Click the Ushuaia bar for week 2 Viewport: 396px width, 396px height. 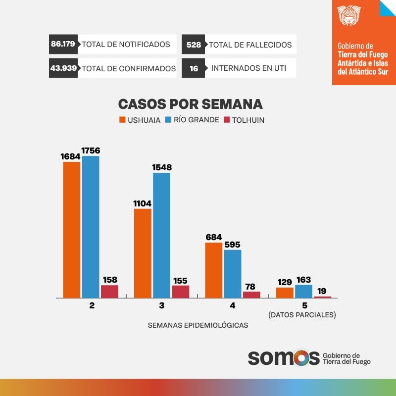point(72,230)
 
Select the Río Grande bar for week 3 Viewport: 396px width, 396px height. point(162,235)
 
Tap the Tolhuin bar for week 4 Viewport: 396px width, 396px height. point(251,295)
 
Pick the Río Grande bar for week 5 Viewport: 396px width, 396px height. point(303,291)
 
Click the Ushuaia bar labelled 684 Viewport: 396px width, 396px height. point(213,270)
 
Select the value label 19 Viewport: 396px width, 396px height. point(322,291)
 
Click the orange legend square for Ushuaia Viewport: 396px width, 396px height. point(122,120)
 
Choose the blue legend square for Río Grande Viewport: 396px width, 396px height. point(168,120)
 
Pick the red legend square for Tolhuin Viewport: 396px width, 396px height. point(227,120)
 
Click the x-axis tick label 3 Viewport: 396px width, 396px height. point(162,306)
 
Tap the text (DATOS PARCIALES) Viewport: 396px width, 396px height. point(302,315)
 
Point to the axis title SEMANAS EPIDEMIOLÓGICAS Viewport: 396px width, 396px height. point(198,325)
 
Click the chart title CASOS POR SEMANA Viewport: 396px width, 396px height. point(190,104)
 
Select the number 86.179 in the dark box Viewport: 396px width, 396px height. point(63,44)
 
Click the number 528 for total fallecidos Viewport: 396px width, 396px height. point(194,45)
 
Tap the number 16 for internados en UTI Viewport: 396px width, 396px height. point(194,69)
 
